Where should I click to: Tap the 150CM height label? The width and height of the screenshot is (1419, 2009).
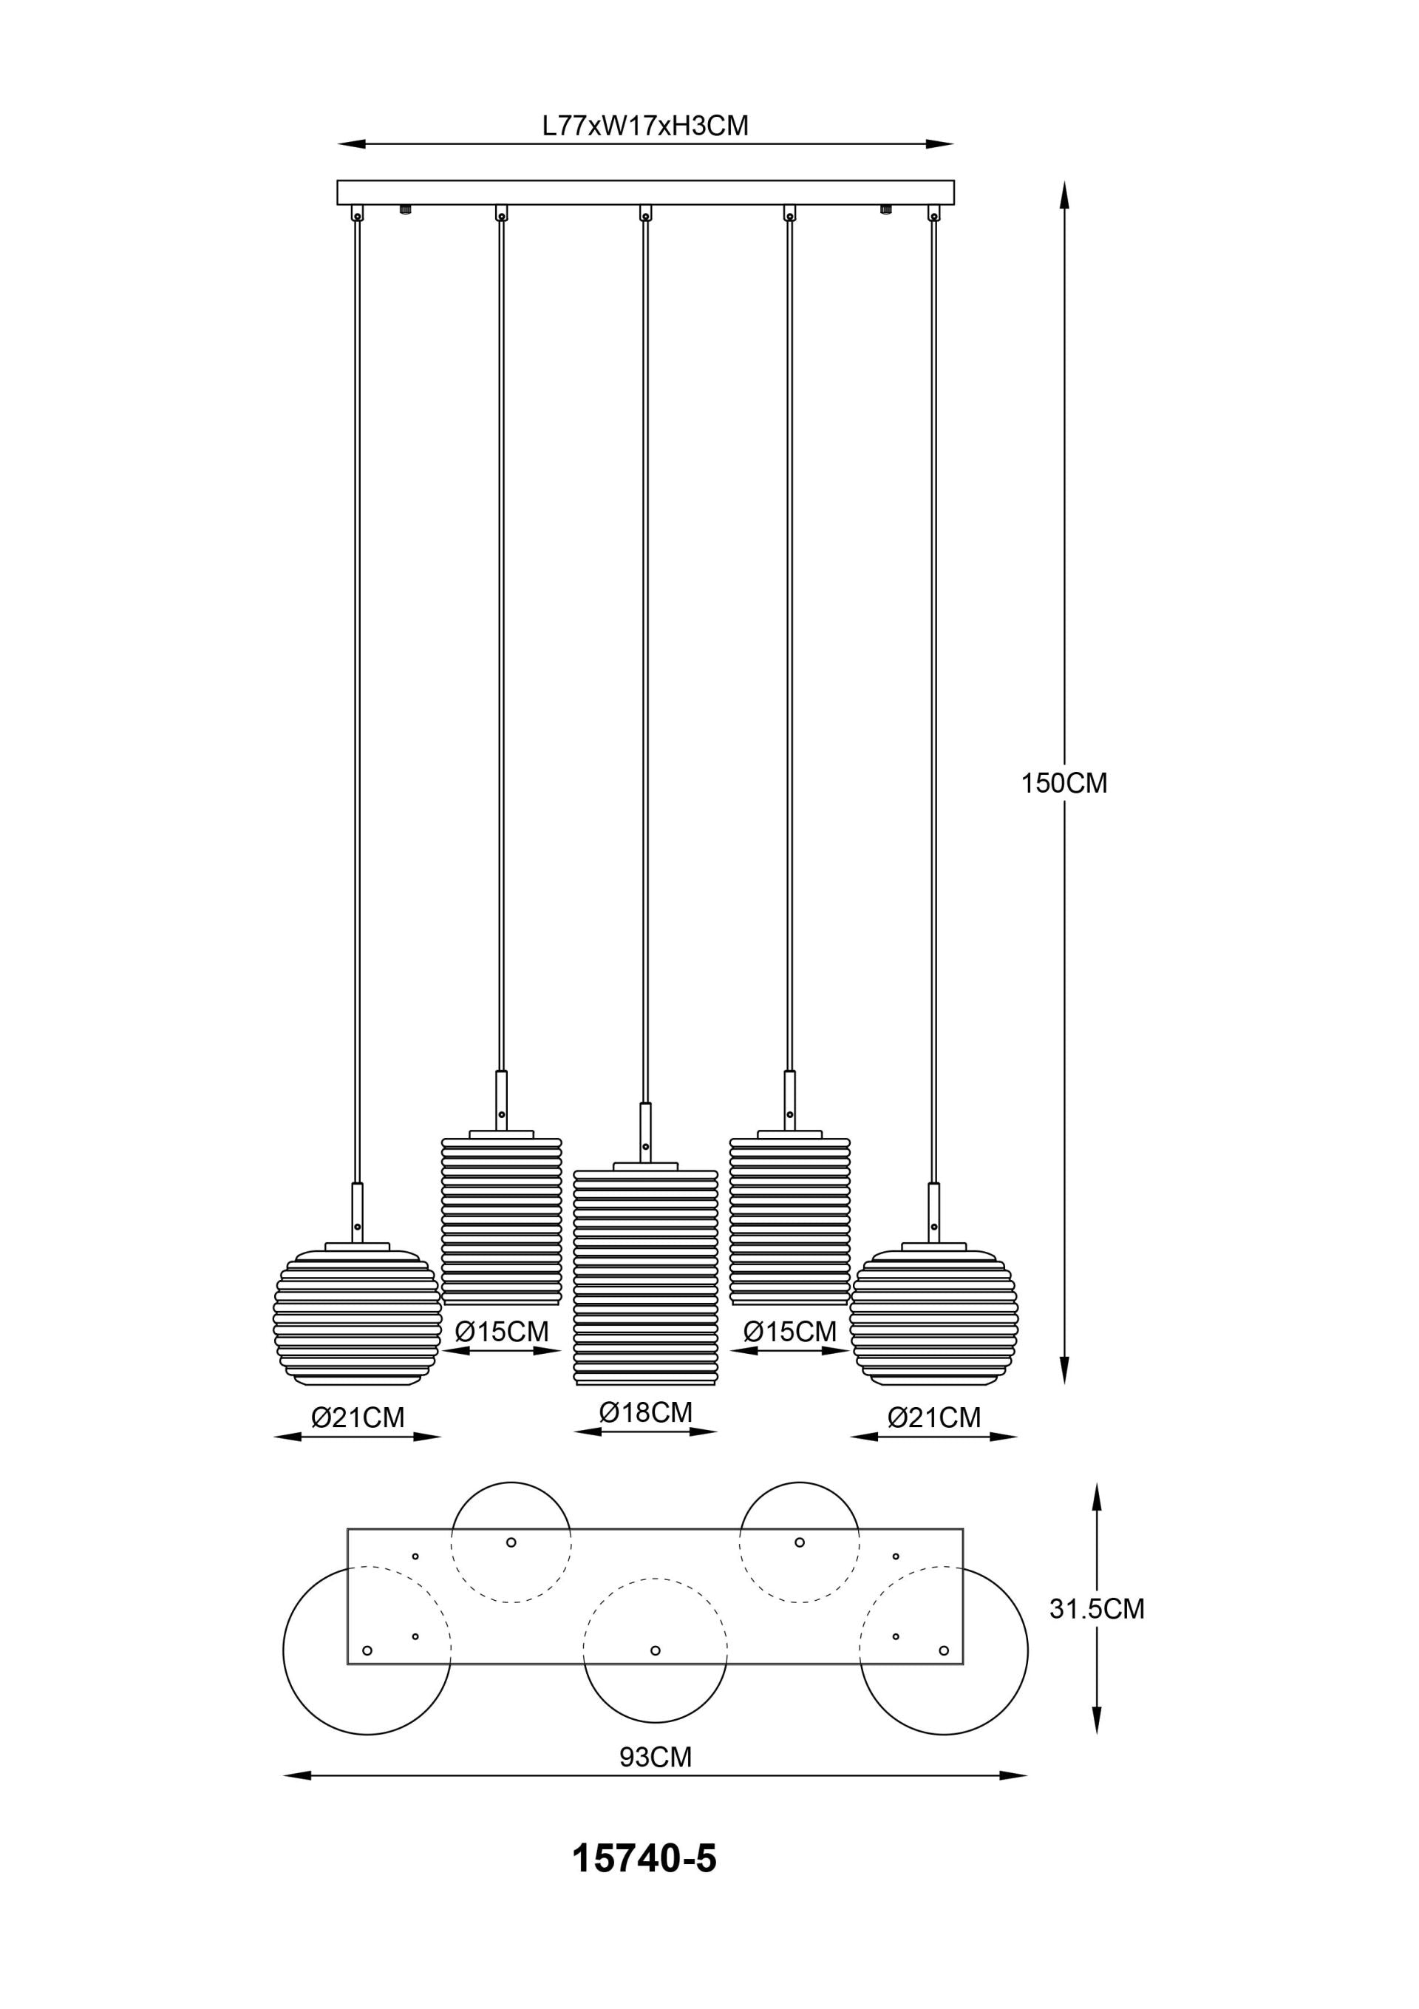coord(1064,783)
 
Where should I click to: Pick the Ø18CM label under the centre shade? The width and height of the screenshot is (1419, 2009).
coord(646,1413)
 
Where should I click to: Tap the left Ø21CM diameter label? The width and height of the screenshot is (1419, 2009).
coord(358,1417)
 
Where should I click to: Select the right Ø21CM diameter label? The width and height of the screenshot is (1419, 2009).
coord(934,1417)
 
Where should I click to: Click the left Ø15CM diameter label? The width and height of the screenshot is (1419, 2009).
coord(502,1332)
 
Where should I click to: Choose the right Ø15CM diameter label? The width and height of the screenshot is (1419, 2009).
coord(790,1332)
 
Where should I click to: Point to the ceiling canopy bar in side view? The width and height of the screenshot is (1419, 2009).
coord(646,192)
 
